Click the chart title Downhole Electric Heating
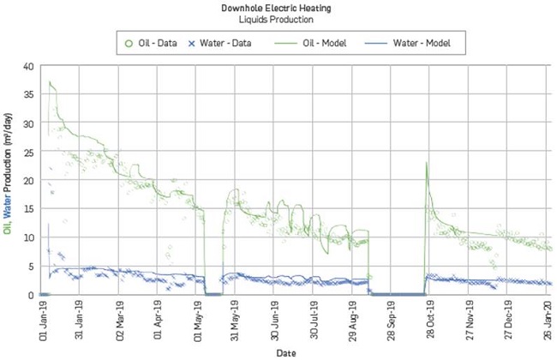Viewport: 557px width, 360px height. click(278, 8)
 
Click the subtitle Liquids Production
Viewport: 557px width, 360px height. click(278, 19)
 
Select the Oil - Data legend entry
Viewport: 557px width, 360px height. click(155, 41)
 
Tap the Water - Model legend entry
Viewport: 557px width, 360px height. click(403, 41)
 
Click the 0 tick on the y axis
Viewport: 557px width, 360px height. click(30, 295)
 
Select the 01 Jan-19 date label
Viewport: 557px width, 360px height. click(43, 317)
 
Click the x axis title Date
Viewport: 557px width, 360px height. click(293, 352)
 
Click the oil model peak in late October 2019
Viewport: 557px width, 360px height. click(426, 163)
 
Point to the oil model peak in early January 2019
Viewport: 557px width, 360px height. click(50, 82)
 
